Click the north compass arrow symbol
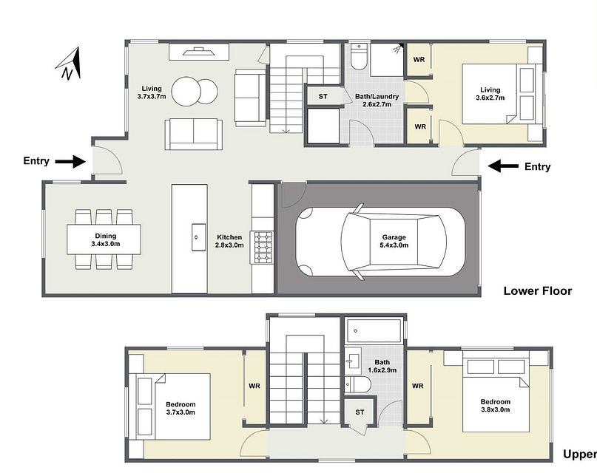pos(68,64)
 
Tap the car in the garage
pos(378,242)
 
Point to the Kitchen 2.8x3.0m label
pos(229,241)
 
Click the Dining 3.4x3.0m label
pos(105,239)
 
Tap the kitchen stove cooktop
pos(263,247)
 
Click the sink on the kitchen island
pos(197,237)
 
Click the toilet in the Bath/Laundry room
pos(359,55)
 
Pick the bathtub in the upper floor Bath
pos(374,329)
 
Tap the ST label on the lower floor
pos(323,97)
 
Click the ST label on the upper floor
pos(360,412)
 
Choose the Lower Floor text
pos(537,290)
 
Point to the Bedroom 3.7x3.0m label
pos(181,408)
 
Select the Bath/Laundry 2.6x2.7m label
pos(377,101)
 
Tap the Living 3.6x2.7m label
pos(489,94)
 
